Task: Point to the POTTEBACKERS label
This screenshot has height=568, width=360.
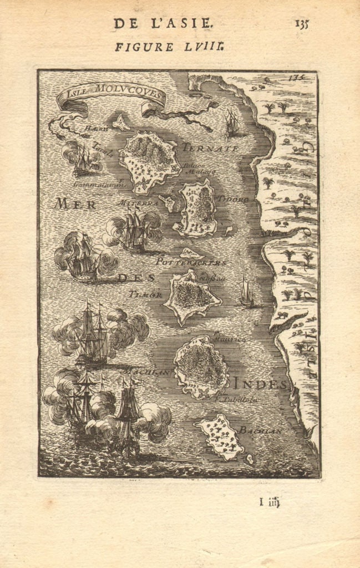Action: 191,261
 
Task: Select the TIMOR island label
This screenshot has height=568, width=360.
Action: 146,295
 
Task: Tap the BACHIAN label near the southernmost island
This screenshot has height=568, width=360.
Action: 261,429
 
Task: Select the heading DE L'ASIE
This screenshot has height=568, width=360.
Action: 162,23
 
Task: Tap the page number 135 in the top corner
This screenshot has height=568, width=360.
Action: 302,24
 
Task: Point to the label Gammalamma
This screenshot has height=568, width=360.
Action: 98,184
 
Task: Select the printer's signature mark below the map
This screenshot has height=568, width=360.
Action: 270,503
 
